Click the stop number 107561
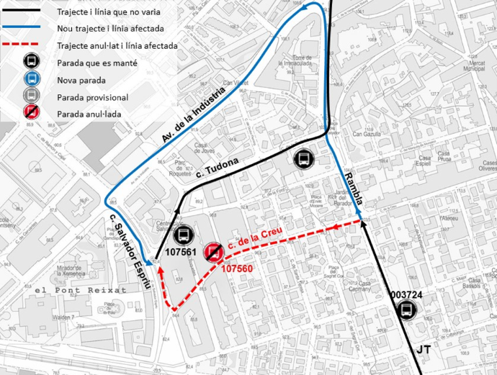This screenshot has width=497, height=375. point(182,253)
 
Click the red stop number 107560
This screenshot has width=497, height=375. point(236,268)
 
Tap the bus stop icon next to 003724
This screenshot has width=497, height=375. point(407,310)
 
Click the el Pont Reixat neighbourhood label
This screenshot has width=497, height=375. point(81,289)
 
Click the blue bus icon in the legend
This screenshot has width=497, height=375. point(30,79)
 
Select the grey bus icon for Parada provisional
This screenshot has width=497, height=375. point(30,97)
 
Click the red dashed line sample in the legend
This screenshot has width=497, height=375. point(30,45)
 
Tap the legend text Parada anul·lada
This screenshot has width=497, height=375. point(88,114)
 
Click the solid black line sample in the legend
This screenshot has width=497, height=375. point(30,12)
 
